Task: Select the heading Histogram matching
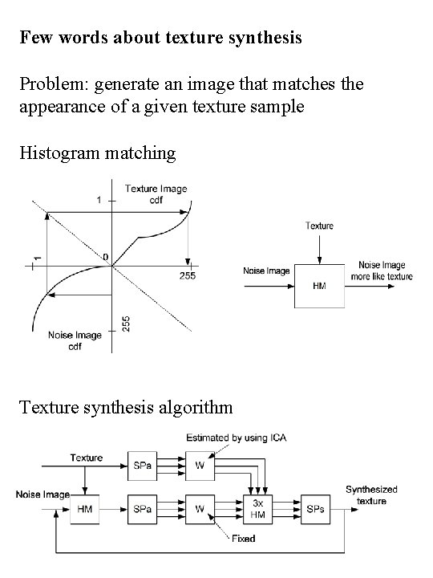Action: (x=98, y=152)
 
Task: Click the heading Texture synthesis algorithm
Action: (x=126, y=408)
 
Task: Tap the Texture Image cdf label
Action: (x=156, y=194)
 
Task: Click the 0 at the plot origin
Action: (x=105, y=257)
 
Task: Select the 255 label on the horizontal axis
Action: (x=188, y=275)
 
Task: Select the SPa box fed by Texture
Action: (x=142, y=465)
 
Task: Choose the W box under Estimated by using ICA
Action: (x=198, y=465)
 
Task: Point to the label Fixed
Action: (x=243, y=539)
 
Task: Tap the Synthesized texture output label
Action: (x=371, y=495)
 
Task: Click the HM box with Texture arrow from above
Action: (x=319, y=284)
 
